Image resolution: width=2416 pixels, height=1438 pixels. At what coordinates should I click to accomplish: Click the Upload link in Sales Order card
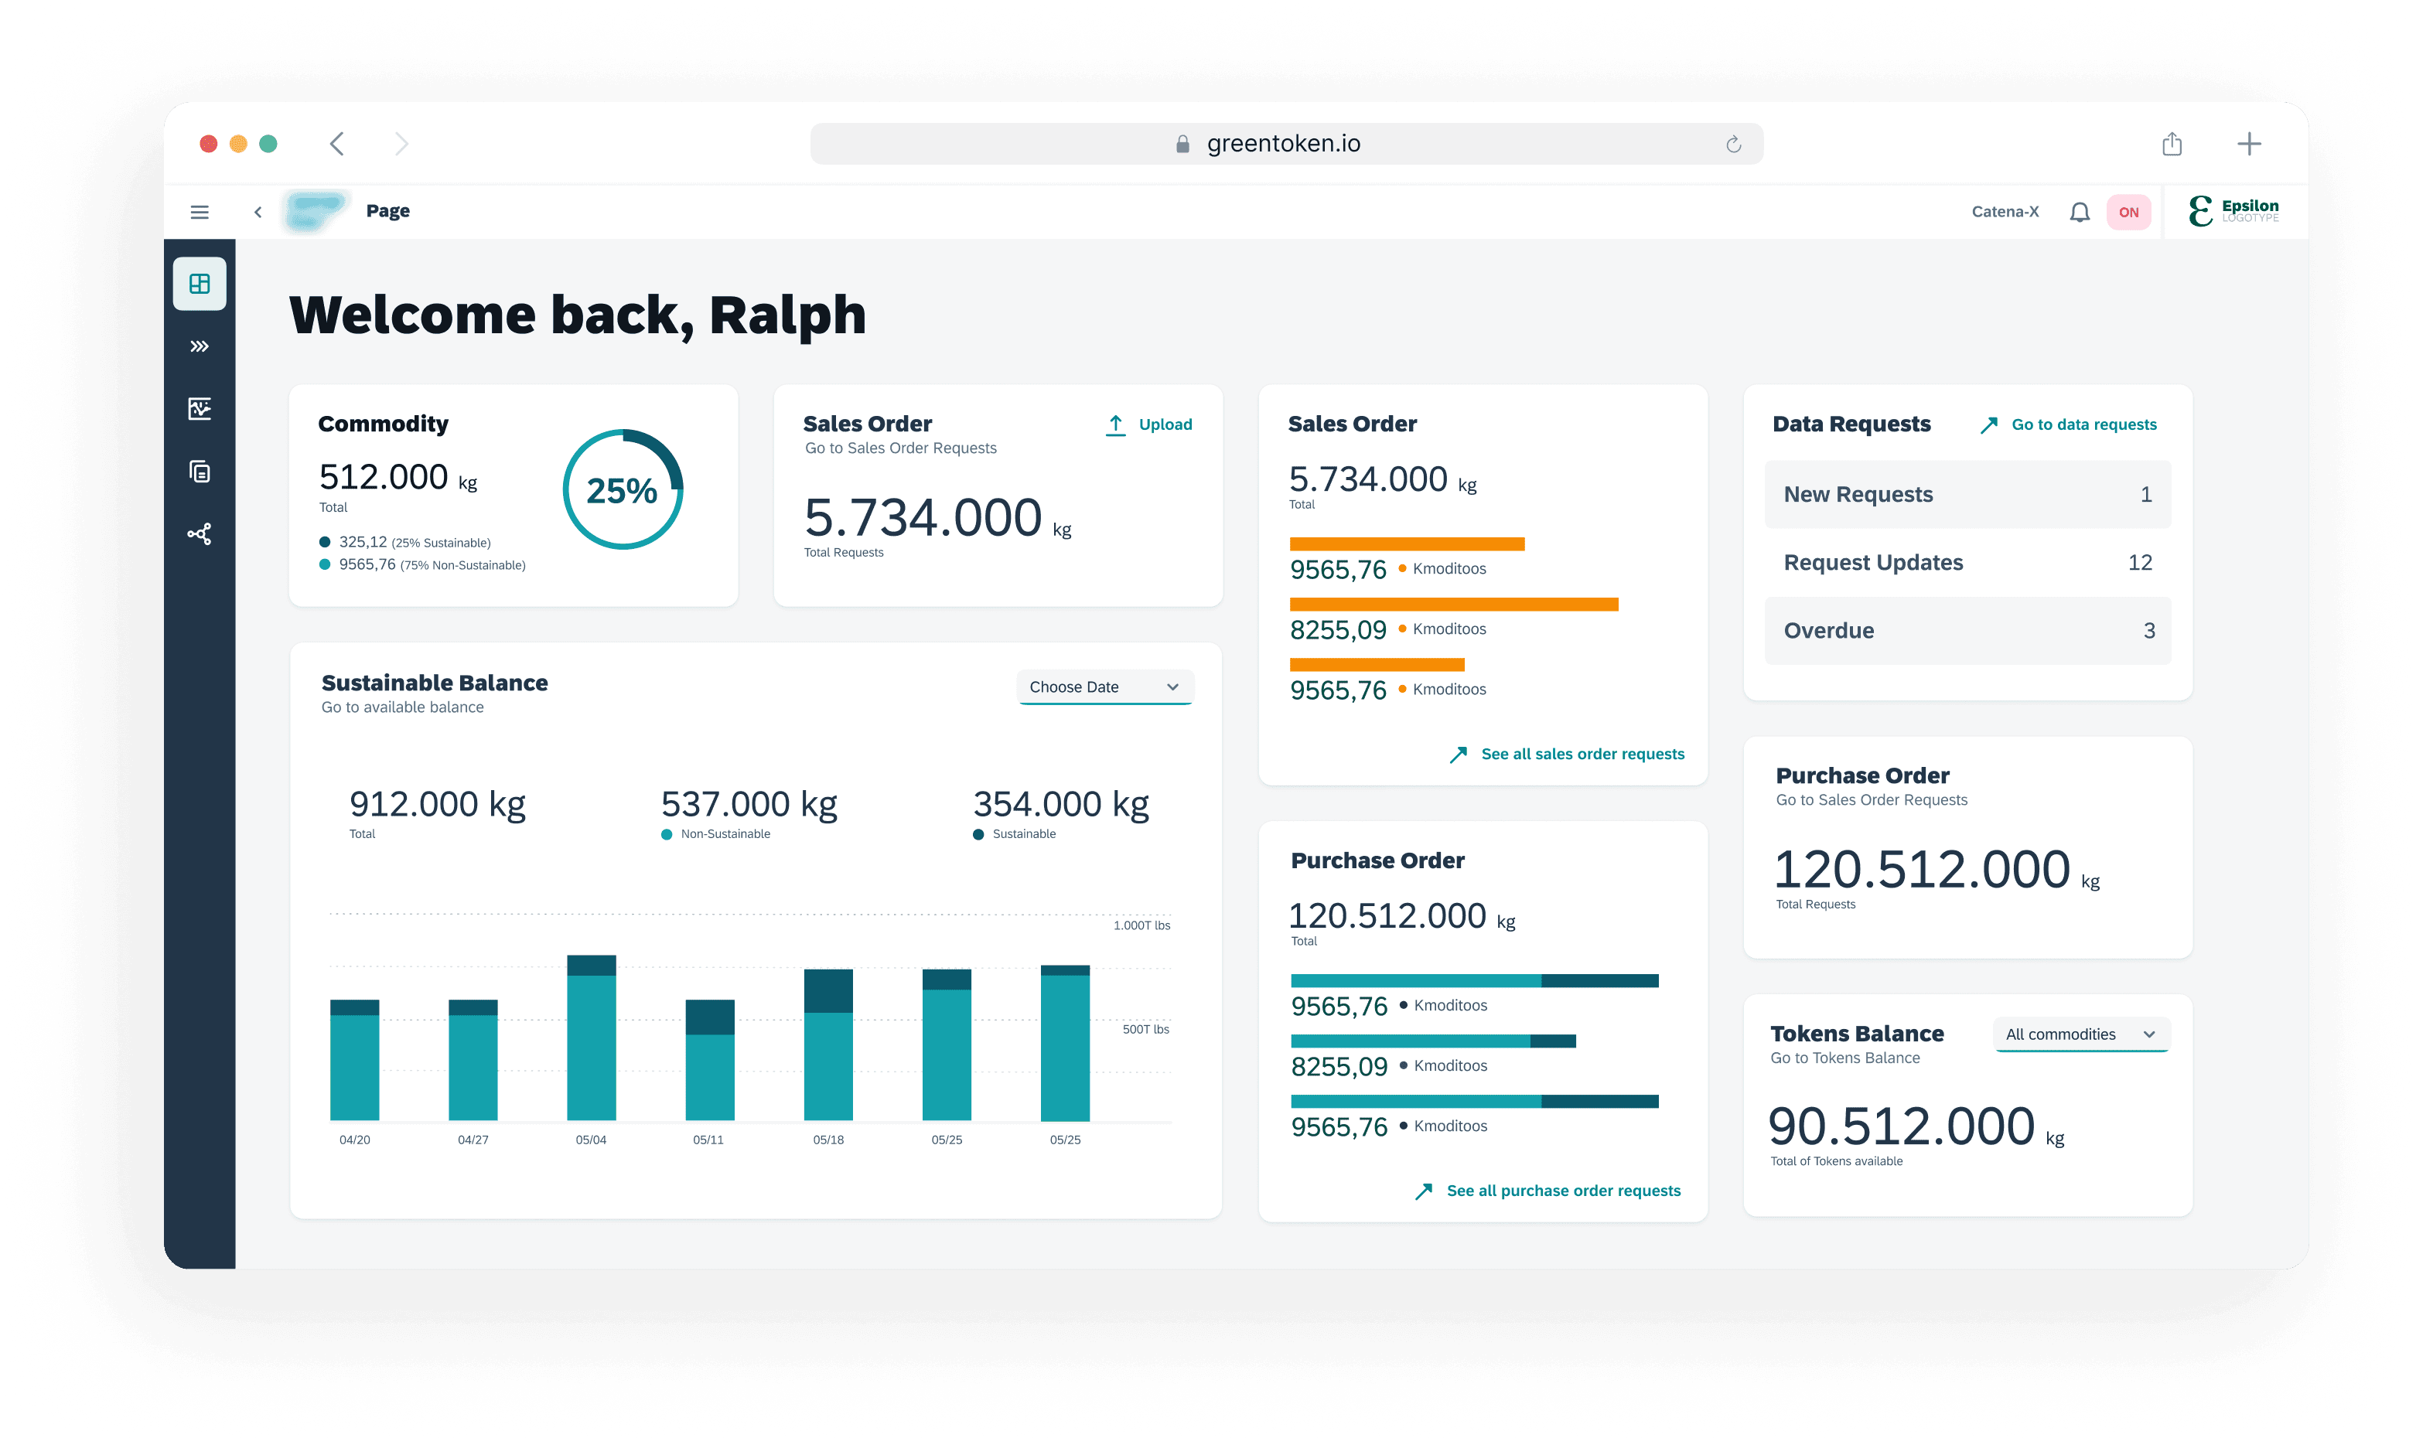point(1148,424)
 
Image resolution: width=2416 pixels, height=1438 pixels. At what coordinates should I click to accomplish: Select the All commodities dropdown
point(2080,1034)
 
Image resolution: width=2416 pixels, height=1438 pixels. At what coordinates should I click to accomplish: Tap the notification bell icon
point(2079,212)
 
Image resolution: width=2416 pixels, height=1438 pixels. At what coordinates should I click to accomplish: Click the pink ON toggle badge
point(2128,212)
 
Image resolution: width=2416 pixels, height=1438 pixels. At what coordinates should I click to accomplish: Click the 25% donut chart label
point(621,490)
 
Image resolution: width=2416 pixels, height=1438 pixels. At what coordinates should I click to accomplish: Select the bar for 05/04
point(591,1038)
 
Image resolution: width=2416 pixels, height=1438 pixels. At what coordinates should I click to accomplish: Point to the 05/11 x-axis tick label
point(708,1140)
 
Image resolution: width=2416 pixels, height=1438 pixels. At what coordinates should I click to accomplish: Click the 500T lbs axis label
point(1145,1029)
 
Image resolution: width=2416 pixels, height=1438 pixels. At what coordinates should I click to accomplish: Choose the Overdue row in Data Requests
point(1967,631)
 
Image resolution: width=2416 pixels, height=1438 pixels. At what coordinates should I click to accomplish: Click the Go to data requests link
point(2068,424)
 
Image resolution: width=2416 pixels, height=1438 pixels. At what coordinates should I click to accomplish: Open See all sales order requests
point(1567,754)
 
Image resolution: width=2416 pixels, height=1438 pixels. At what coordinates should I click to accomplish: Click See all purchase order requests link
point(1548,1191)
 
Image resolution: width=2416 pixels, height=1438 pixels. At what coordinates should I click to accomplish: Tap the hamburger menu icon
point(200,212)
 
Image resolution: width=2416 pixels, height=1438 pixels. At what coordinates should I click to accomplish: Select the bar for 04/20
point(355,1060)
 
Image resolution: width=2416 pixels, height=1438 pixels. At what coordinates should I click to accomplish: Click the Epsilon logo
point(2233,210)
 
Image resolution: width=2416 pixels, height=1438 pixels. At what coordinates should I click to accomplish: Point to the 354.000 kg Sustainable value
point(1061,804)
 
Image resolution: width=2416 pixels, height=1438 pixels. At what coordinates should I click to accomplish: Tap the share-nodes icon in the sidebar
point(200,534)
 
